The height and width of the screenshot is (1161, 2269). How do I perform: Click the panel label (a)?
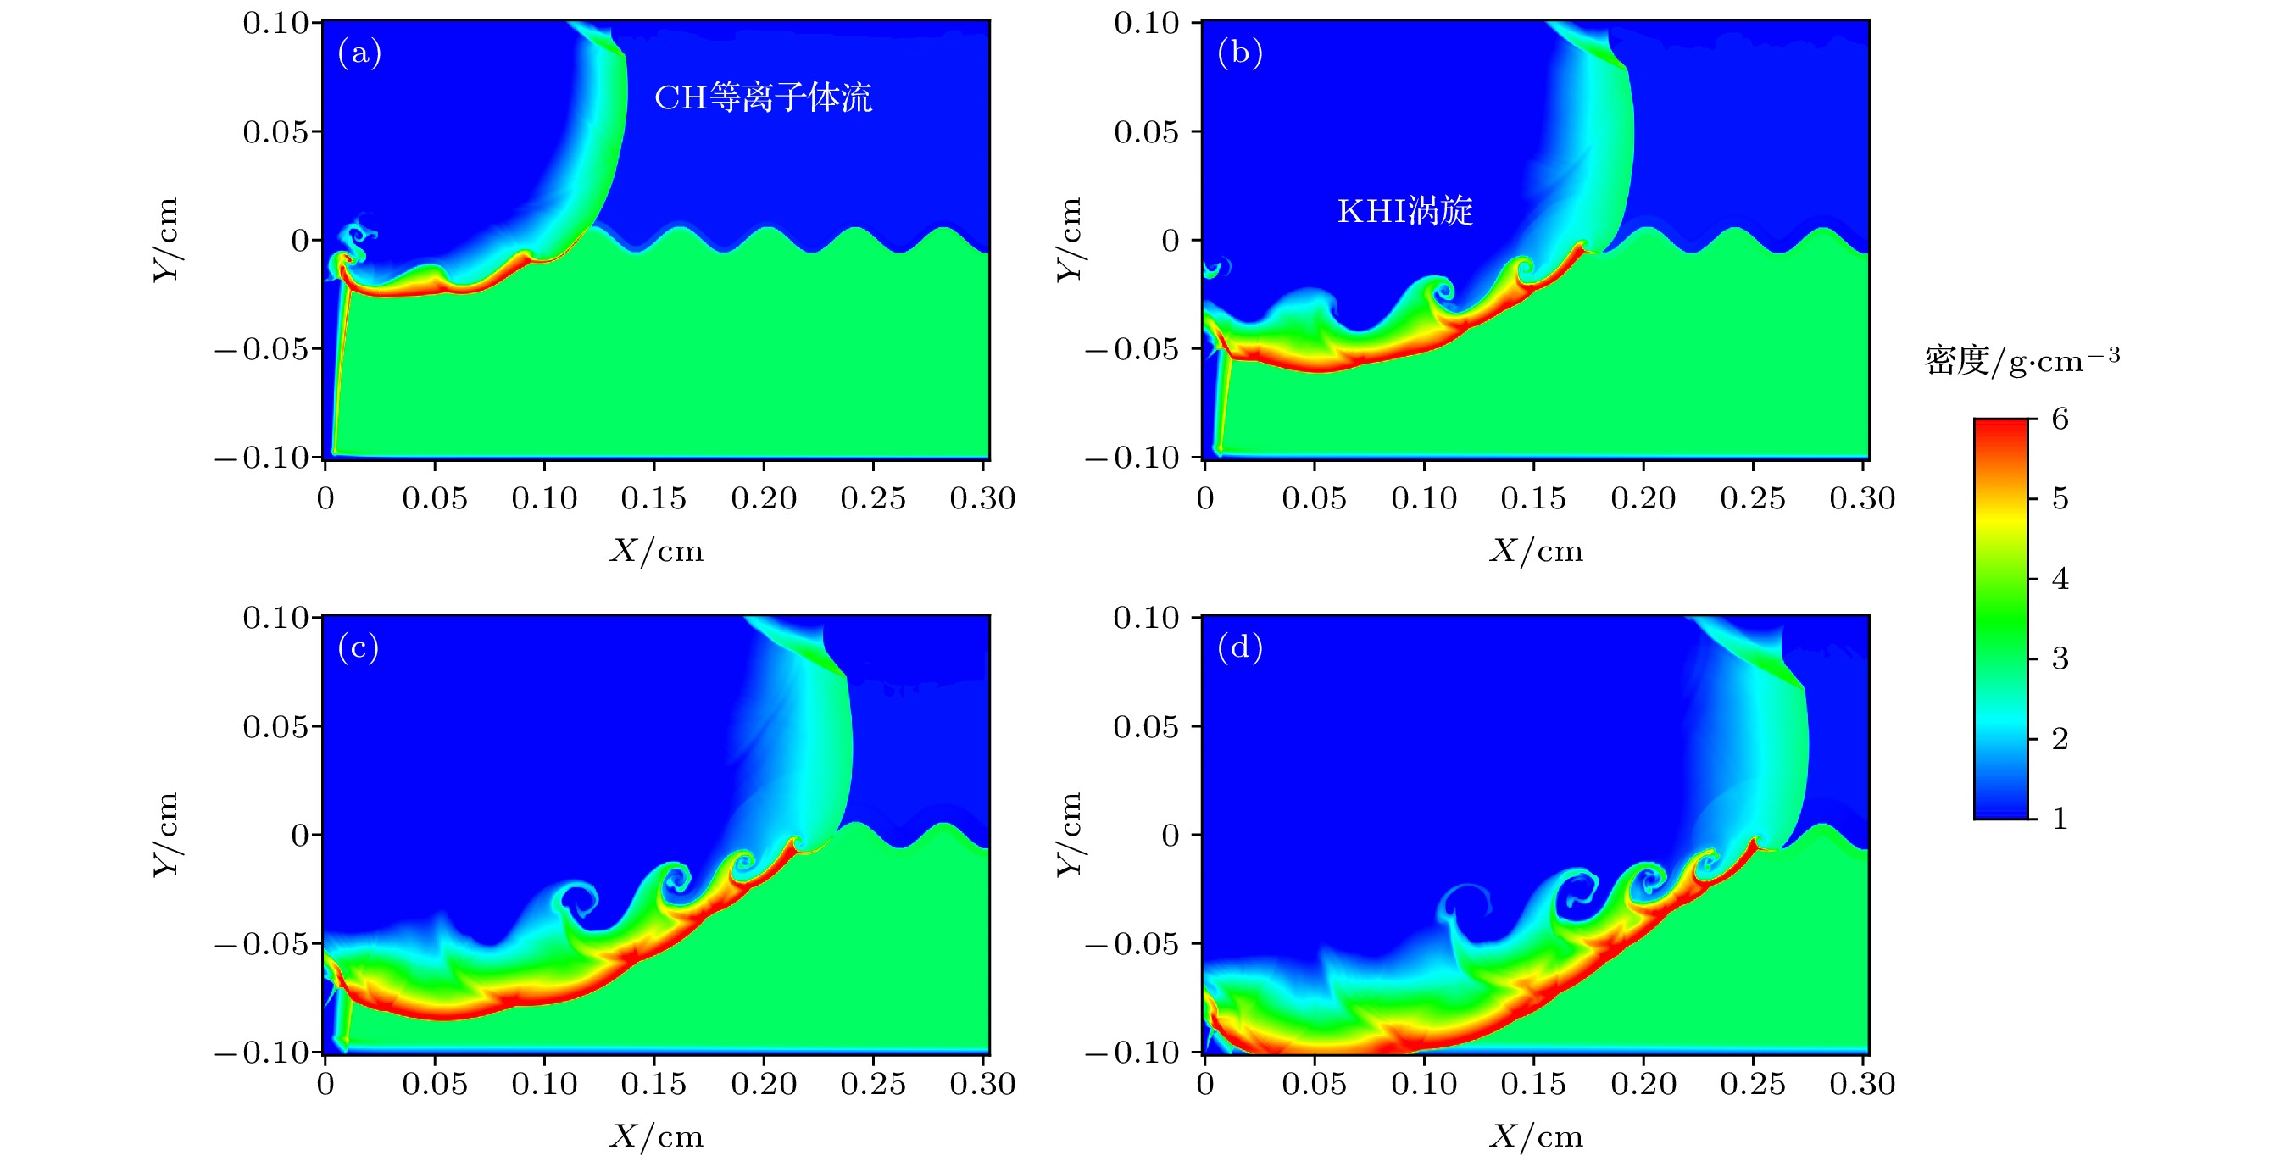point(359,53)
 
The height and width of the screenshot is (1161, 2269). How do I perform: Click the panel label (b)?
point(1239,53)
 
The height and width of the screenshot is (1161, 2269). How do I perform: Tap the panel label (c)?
point(359,648)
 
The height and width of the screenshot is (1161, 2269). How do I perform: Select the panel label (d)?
point(1239,648)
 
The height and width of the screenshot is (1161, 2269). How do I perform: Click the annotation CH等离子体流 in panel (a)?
point(763,97)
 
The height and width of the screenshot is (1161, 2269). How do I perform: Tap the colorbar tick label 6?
point(2060,419)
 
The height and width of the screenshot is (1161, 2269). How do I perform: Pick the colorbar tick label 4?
point(2060,579)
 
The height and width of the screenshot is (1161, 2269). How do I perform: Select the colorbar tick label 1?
point(2060,819)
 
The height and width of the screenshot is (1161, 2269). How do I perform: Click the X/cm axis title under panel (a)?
point(657,552)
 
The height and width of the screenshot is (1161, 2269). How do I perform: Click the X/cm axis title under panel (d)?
point(1536,1137)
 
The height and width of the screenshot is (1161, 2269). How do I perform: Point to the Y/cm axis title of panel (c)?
point(166,834)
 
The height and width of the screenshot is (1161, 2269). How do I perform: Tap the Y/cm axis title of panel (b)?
point(1070,240)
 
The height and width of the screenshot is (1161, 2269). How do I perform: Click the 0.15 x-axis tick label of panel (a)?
point(653,498)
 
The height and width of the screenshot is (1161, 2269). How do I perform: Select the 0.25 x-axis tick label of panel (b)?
point(1752,498)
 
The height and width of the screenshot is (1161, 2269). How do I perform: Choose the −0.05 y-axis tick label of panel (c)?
point(263,944)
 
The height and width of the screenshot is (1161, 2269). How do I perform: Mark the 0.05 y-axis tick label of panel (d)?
point(1145,727)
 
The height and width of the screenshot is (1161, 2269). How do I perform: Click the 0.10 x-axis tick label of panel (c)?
point(543,1085)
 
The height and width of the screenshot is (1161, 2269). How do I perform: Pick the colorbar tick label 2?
point(2060,738)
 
